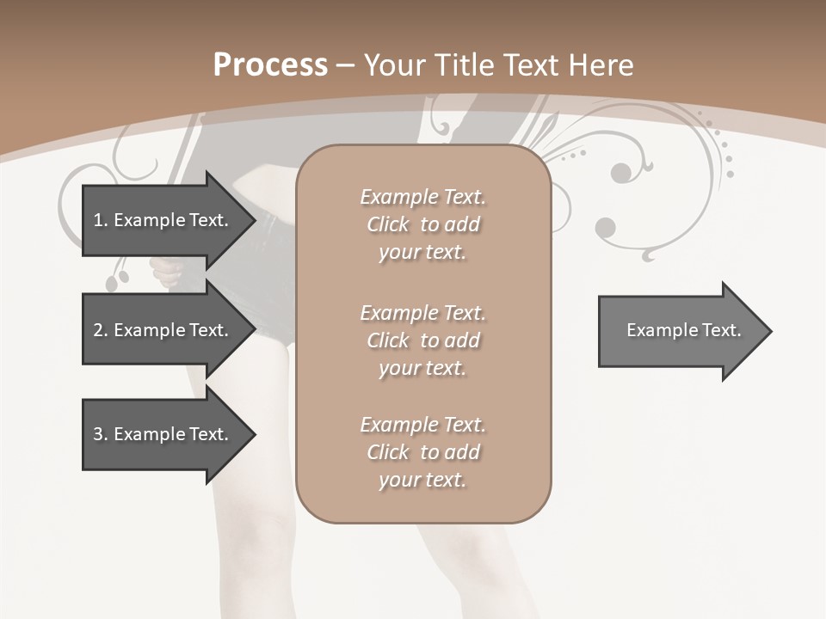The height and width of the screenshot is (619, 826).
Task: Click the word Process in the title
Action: point(270,64)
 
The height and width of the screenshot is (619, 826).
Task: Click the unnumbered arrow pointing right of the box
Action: point(680,331)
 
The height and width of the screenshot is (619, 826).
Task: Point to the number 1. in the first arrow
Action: point(100,220)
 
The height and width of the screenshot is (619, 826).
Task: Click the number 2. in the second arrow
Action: point(100,330)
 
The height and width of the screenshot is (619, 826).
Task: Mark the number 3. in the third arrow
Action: point(100,434)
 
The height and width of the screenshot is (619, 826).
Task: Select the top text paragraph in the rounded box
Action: point(422,224)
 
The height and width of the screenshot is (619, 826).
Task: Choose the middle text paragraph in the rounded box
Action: point(422,340)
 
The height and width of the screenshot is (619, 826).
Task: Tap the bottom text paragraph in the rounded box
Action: point(422,452)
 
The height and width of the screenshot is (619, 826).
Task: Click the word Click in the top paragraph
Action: point(388,224)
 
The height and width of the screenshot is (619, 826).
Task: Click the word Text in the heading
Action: point(535,64)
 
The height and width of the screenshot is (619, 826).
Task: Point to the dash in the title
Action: point(345,65)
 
